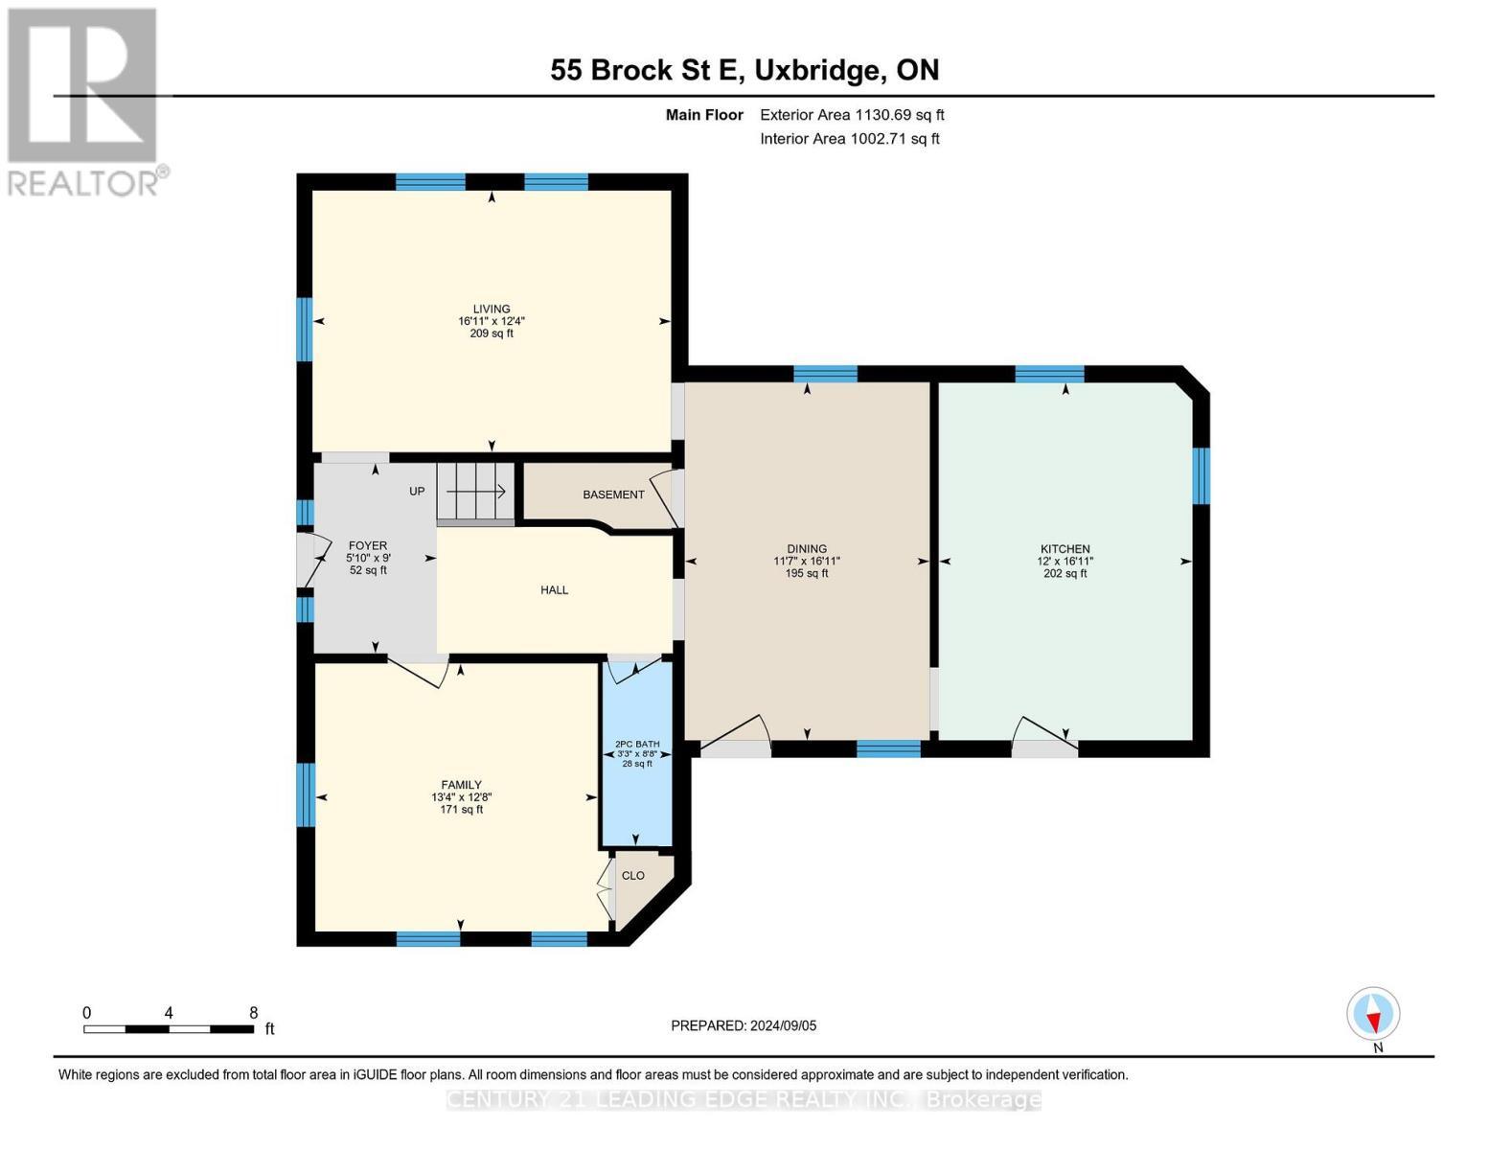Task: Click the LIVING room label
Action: pyautogui.click(x=491, y=309)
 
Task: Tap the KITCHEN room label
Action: pyautogui.click(x=1064, y=549)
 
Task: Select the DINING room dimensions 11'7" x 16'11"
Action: pyautogui.click(x=807, y=562)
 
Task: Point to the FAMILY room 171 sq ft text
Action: pyautogui.click(x=461, y=810)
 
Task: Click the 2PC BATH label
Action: pyautogui.click(x=636, y=744)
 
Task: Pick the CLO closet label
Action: pyautogui.click(x=633, y=876)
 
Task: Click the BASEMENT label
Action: pyautogui.click(x=613, y=494)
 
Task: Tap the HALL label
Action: pyautogui.click(x=554, y=590)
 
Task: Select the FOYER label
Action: pyautogui.click(x=368, y=545)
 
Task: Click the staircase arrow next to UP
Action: pyautogui.click(x=476, y=492)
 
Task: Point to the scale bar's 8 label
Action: pyautogui.click(x=253, y=1013)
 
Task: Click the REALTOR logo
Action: pyautogui.click(x=84, y=102)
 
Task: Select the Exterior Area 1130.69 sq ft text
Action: pyautogui.click(x=852, y=115)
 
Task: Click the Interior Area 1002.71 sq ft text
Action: pyautogui.click(x=850, y=139)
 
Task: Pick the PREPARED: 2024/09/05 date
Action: pyautogui.click(x=744, y=1025)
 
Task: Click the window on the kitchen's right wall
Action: pyautogui.click(x=1201, y=475)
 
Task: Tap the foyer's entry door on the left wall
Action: pyautogui.click(x=306, y=560)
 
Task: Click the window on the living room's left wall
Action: pyautogui.click(x=304, y=329)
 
